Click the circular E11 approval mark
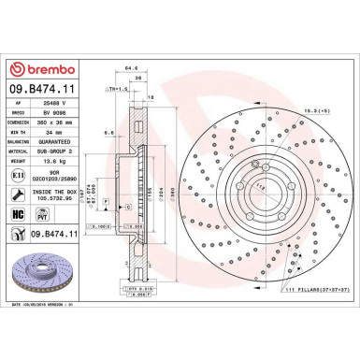coord(21,172)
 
